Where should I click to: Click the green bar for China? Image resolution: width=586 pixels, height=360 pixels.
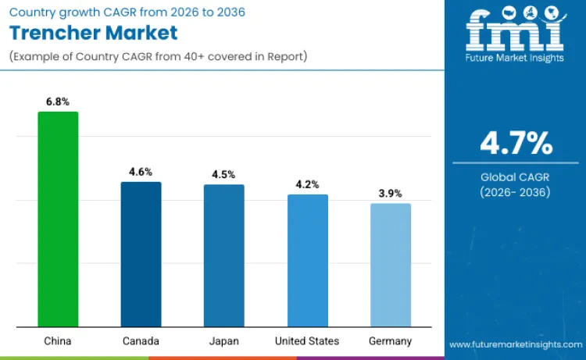[x=58, y=219]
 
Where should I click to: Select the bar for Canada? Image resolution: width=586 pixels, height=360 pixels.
[x=141, y=254]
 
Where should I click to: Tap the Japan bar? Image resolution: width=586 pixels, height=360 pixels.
[x=224, y=255]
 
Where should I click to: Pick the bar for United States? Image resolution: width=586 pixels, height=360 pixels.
[x=307, y=260]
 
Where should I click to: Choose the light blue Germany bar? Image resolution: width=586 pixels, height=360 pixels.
[x=391, y=265]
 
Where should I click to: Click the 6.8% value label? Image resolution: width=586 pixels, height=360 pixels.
[x=58, y=101]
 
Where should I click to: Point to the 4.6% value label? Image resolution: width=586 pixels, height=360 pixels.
[x=141, y=171]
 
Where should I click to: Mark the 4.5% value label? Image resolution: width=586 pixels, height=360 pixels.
[x=224, y=174]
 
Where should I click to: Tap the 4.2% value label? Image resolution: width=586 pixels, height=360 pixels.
[x=307, y=184]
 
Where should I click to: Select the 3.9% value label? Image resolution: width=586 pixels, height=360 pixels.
[x=391, y=193]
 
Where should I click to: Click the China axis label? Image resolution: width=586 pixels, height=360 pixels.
[x=58, y=341]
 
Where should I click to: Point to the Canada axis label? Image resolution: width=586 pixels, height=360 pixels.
[x=141, y=341]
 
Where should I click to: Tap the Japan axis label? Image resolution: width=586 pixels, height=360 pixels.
[x=224, y=341]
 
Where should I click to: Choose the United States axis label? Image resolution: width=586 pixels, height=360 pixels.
[x=307, y=341]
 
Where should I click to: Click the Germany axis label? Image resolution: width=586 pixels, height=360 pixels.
[x=391, y=341]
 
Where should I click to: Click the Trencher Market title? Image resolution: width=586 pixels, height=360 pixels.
[x=93, y=33]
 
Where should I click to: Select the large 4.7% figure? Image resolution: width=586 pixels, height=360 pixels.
[x=516, y=144]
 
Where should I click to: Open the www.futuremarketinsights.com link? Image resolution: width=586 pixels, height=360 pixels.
[x=516, y=344]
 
